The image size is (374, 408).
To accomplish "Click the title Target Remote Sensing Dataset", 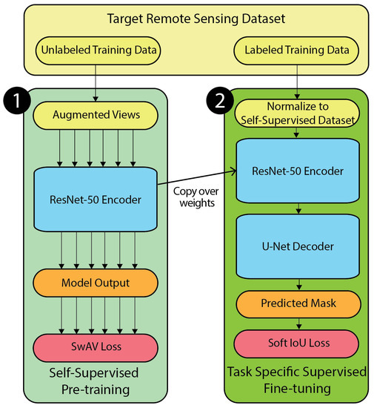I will point(187,18).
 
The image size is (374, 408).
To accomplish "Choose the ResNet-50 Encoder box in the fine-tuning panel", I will point(298,171).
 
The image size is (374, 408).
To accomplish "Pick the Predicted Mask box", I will point(298,303).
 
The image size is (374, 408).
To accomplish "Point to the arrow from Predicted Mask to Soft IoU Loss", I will point(298,324).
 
